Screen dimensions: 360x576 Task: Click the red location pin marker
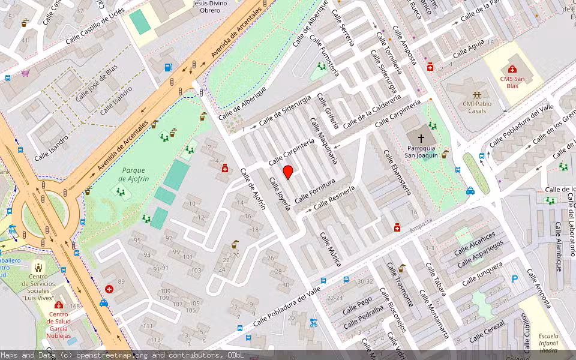tap(288, 172)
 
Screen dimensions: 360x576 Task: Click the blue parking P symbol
tap(514, 278)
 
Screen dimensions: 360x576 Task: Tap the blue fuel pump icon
tap(169, 67)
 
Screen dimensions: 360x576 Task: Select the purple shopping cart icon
tap(25, 73)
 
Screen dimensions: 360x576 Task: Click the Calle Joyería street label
tap(280, 194)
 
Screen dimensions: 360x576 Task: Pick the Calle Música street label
tap(330, 249)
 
